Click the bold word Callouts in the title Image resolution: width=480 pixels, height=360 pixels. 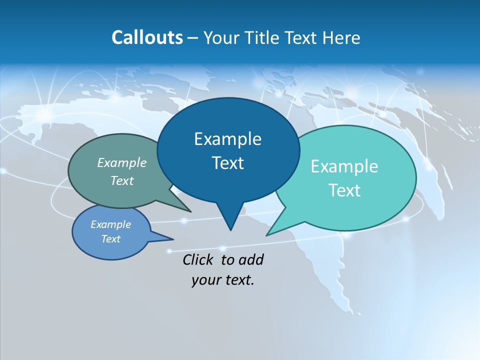[x=147, y=37]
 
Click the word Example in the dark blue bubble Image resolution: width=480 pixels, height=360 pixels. [x=227, y=139]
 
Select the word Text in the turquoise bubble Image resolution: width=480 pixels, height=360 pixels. [x=344, y=190]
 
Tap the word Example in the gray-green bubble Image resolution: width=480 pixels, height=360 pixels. [x=122, y=163]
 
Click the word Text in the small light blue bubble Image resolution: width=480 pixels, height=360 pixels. [x=111, y=239]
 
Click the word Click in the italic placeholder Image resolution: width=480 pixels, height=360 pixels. [x=199, y=259]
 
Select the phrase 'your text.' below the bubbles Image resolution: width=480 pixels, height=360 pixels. [x=223, y=280]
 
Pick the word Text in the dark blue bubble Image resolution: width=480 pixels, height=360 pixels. [x=227, y=163]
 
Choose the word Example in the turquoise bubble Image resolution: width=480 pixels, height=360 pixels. [x=344, y=166]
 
